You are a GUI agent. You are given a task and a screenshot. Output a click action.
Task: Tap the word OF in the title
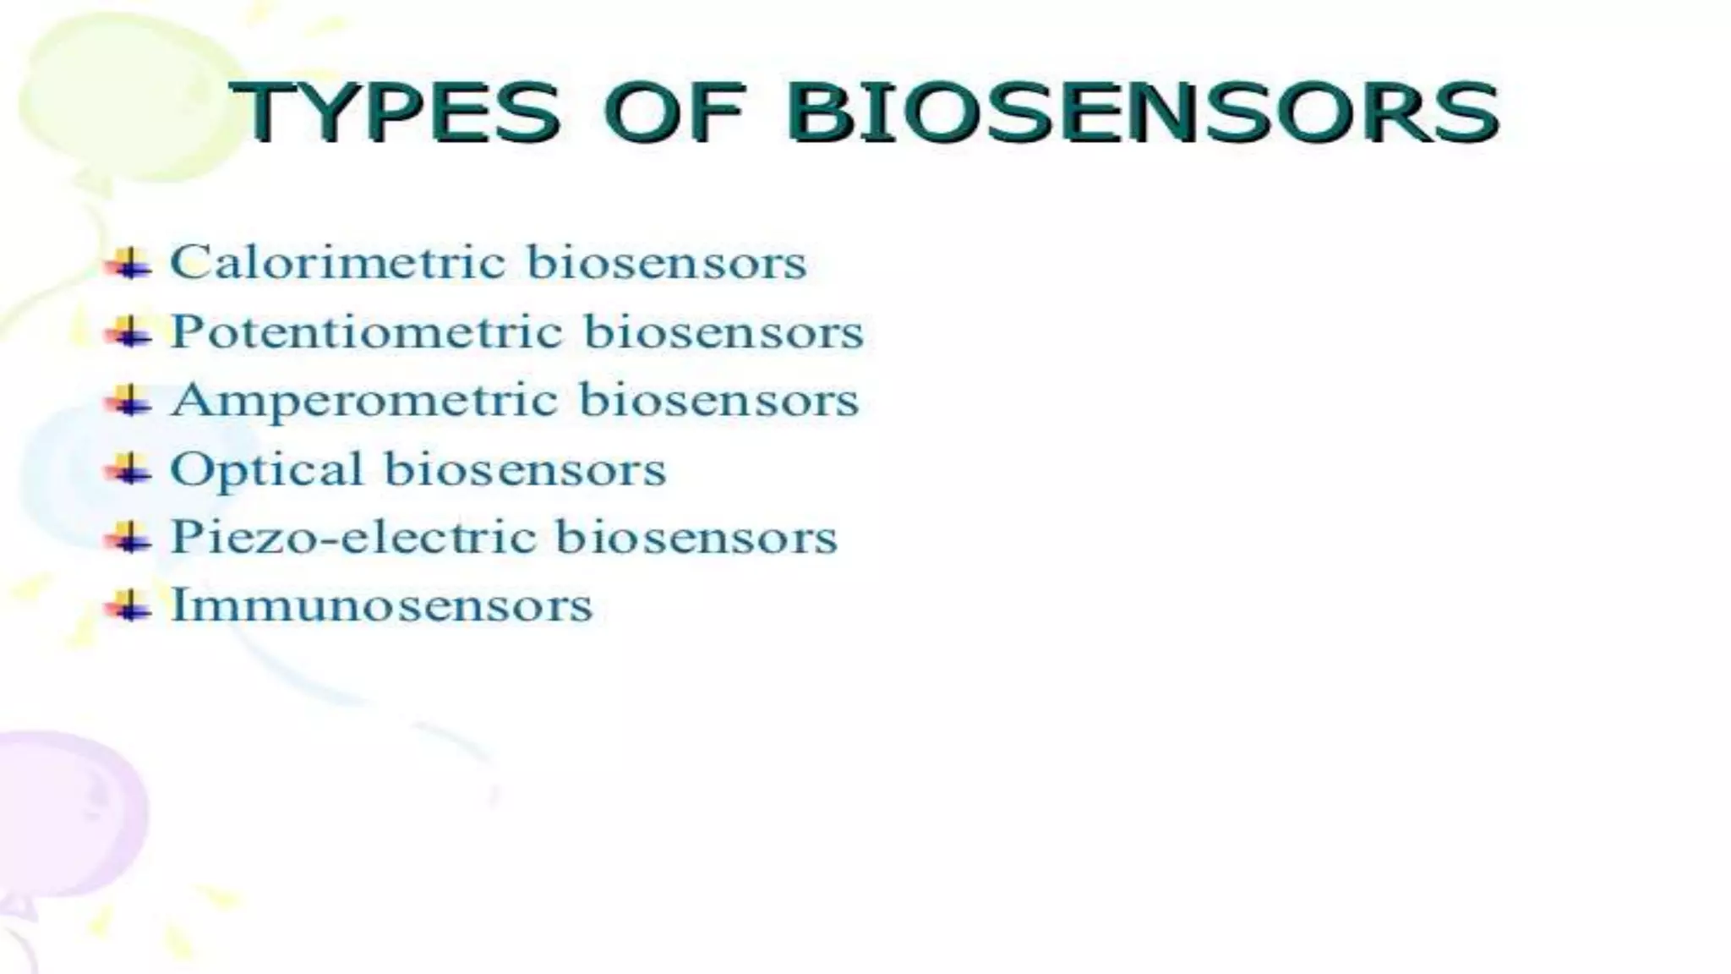coord(674,112)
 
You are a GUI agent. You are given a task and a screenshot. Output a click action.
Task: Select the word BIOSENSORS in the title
coord(1142,112)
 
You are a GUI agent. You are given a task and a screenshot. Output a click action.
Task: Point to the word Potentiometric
coord(366,331)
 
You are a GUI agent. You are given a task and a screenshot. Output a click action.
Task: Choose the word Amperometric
coord(364,401)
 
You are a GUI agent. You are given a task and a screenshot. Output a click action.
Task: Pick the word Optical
coord(266,470)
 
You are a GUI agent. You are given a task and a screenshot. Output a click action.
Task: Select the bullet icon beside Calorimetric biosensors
coord(128,264)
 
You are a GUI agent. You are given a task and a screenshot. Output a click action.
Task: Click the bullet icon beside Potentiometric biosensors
coord(128,332)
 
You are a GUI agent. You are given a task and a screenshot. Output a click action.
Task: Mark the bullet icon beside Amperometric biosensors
coord(128,401)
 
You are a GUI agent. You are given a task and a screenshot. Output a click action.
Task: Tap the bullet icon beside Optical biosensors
coord(128,469)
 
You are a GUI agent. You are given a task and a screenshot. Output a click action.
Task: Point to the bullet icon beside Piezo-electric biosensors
coord(128,538)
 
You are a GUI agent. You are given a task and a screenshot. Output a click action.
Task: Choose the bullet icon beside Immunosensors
coord(128,606)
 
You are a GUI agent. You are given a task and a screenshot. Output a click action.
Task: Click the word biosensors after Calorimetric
coord(667,262)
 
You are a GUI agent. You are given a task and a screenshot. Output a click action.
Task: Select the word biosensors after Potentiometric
coord(724,331)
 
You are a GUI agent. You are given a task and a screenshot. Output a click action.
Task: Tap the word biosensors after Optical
coord(526,470)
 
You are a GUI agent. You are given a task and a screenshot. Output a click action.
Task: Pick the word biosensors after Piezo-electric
coord(696,538)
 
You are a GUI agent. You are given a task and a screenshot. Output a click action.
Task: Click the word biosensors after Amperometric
coord(719,401)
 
